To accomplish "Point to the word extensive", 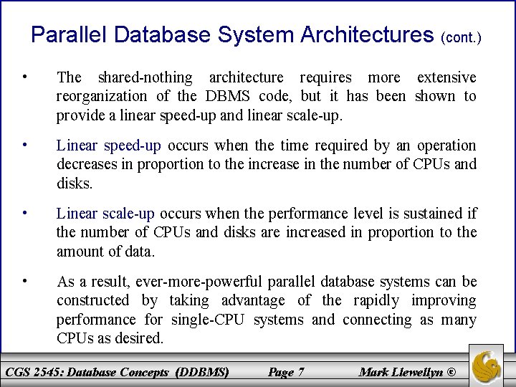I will click(x=446, y=77).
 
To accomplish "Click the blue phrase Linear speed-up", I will click(x=109, y=145).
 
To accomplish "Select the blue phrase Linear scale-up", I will click(x=105, y=214).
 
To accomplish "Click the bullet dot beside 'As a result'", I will click(x=25, y=281).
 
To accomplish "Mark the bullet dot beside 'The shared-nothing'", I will click(x=25, y=77).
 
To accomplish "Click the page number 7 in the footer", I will click(x=300, y=372).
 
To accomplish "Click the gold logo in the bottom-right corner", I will click(x=487, y=365).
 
